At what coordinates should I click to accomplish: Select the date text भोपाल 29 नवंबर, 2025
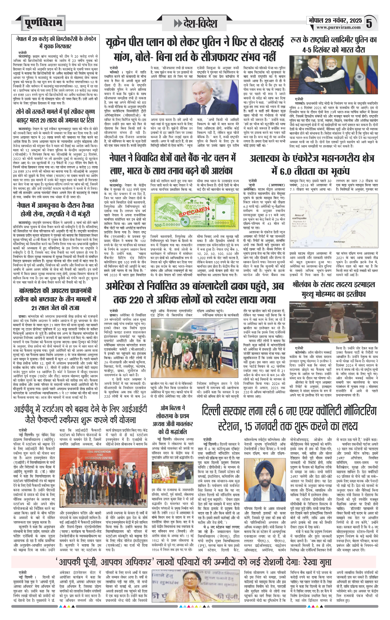335,20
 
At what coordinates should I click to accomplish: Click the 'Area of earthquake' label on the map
300,216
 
